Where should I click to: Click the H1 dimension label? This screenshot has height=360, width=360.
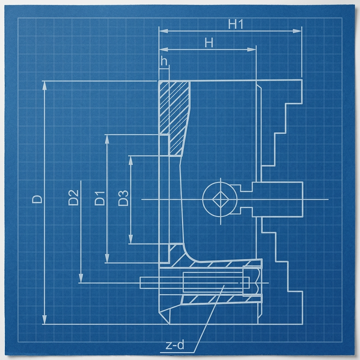[235, 24]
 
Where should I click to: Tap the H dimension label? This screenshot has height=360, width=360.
[209, 43]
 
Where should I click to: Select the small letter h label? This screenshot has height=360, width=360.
[164, 61]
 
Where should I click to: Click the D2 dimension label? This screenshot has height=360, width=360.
[73, 198]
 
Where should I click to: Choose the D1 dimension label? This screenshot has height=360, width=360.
[100, 198]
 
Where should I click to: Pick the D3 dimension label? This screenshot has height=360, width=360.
[123, 198]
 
